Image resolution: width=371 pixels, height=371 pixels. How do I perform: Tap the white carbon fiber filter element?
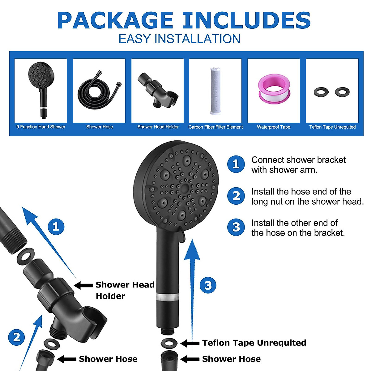(215, 90)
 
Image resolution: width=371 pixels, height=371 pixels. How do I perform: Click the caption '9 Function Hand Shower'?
(41, 127)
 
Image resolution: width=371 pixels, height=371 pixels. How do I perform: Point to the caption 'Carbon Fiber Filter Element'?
(215, 127)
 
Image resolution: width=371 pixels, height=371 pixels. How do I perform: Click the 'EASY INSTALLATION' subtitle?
(179, 39)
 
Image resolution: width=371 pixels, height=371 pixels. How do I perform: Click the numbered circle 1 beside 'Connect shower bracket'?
(236, 164)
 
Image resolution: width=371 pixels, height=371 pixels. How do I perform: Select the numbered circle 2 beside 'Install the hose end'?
(236, 196)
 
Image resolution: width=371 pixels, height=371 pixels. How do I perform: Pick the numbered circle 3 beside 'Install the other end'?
(236, 227)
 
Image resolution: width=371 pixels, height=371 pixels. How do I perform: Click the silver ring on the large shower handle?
(167, 297)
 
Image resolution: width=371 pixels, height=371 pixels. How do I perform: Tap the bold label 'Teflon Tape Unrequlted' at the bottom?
(254, 343)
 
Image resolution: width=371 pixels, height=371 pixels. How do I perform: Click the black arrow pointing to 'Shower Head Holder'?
(83, 285)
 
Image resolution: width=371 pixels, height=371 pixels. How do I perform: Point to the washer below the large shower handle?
(169, 343)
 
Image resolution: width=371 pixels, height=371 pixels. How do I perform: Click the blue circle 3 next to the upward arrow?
(208, 285)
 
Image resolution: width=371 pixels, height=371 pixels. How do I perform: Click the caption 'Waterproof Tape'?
(274, 127)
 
